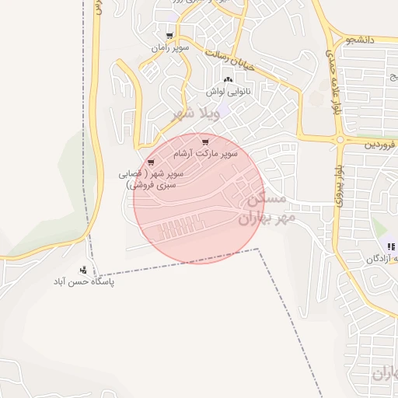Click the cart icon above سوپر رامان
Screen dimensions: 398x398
pyautogui.click(x=170, y=36)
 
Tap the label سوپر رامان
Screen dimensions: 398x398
pyautogui.click(x=170, y=47)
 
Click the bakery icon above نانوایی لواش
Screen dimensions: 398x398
pyautogui.click(x=228, y=81)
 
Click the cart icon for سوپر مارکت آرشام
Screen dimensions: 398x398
pyautogui.click(x=205, y=142)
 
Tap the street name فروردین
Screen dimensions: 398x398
pyautogui.click(x=381, y=145)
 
